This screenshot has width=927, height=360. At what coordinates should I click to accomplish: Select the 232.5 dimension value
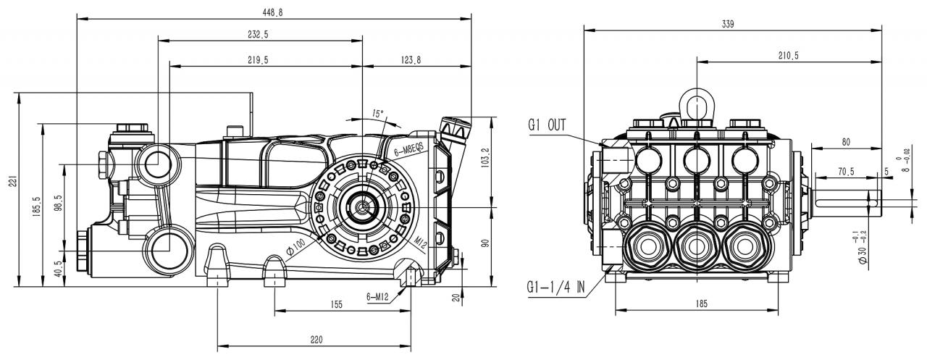(x=259, y=34)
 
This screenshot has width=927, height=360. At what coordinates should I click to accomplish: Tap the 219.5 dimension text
(x=259, y=60)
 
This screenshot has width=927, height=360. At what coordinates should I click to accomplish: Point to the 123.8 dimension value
(x=411, y=60)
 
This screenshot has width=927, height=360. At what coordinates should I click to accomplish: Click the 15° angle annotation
(x=377, y=113)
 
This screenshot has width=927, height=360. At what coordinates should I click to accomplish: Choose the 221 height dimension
(x=14, y=181)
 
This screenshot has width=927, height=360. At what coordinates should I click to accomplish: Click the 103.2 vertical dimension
(x=486, y=159)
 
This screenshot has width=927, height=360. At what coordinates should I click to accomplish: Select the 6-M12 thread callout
(x=377, y=297)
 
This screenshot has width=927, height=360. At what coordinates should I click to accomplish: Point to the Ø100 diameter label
(x=295, y=247)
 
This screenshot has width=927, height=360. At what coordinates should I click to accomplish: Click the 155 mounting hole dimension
(x=337, y=304)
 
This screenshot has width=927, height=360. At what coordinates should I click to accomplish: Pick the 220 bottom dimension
(x=316, y=340)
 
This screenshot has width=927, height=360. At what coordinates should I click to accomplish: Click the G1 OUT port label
(x=547, y=125)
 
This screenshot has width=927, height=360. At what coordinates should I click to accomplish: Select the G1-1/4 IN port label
(x=555, y=287)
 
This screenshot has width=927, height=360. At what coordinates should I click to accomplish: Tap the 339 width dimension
(x=728, y=25)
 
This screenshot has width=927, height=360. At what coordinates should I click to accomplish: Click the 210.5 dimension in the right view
(x=789, y=56)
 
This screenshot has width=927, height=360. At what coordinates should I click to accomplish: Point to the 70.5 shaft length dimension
(x=845, y=172)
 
